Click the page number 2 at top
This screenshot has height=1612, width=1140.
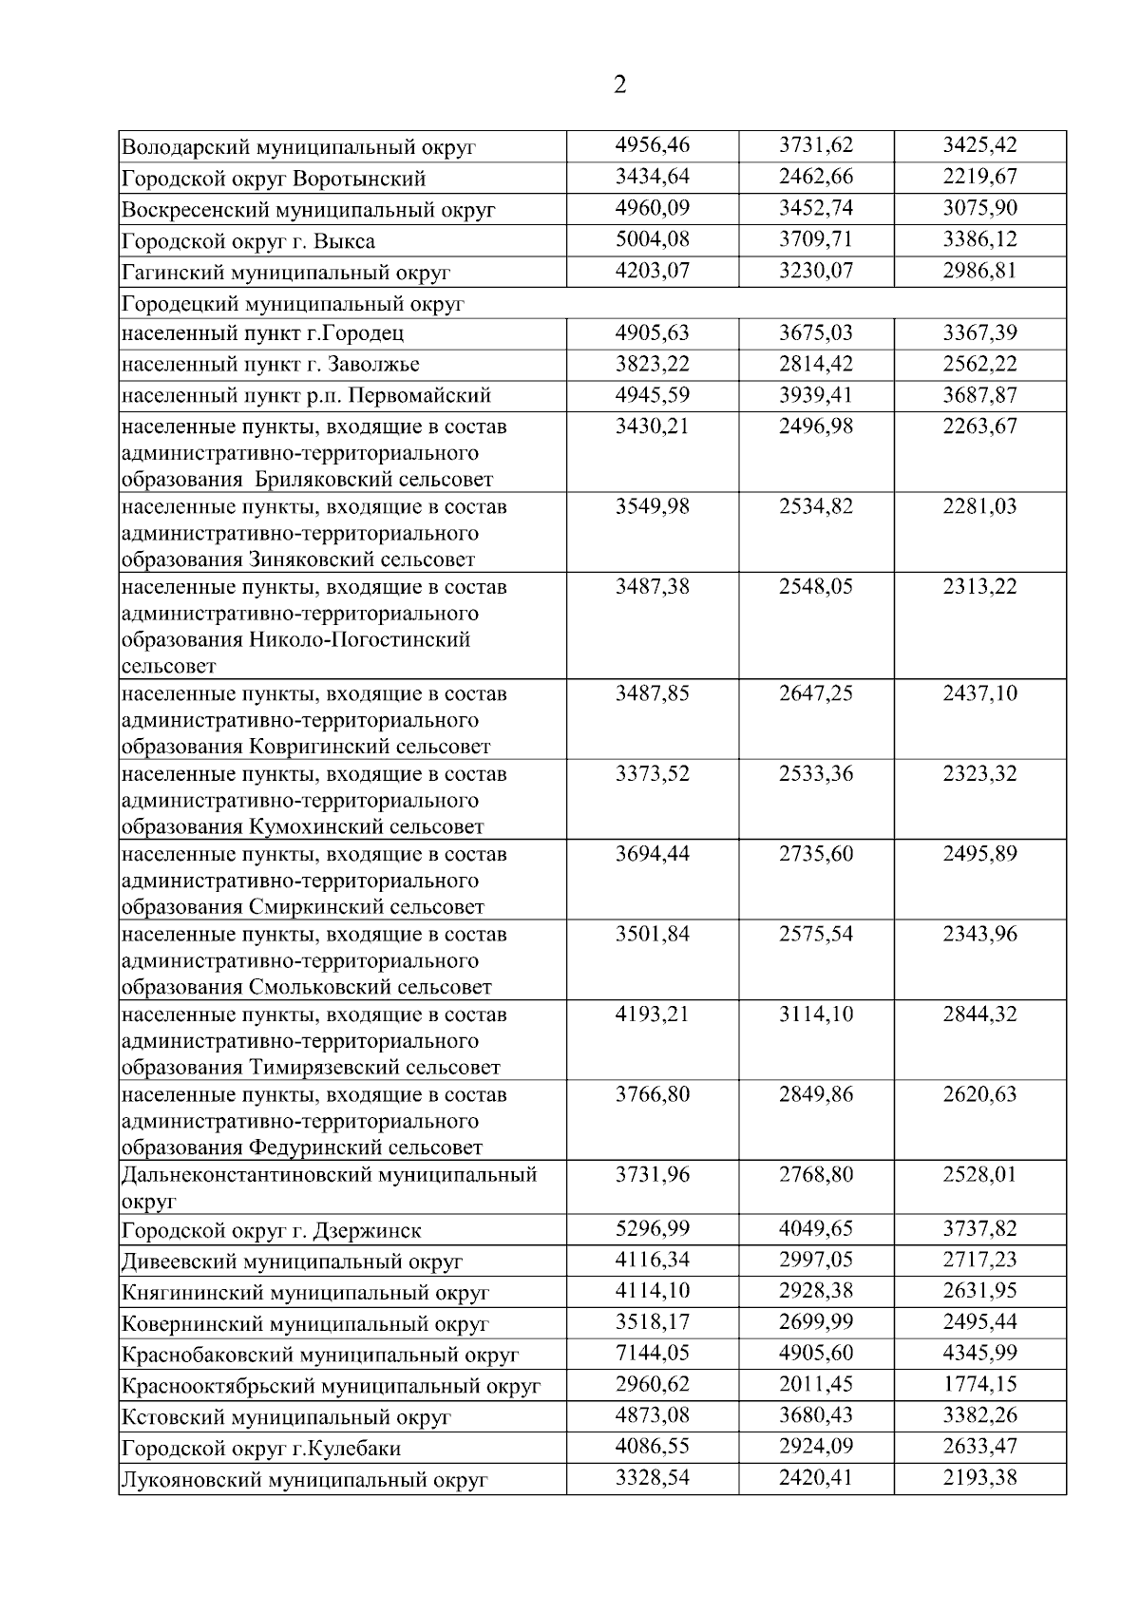tap(620, 86)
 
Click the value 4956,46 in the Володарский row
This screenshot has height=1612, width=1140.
tap(653, 145)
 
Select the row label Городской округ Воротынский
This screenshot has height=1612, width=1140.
tap(274, 179)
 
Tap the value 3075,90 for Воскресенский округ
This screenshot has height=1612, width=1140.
tap(979, 208)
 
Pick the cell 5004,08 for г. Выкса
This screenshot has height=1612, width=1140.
tap(653, 239)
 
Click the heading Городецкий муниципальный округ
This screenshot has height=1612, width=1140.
tap(294, 304)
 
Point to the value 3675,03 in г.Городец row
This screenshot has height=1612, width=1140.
tap(816, 332)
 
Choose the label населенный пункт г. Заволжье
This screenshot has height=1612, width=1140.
tap(271, 365)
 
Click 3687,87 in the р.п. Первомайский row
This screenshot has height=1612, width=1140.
tap(979, 395)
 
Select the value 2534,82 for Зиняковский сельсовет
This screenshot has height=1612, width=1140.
tap(816, 506)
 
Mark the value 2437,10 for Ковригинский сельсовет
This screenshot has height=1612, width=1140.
tap(979, 693)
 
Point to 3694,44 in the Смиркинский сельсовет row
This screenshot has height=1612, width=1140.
tap(653, 854)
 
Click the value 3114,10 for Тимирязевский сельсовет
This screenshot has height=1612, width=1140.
tap(816, 1015)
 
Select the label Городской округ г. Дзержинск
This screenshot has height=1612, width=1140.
tap(272, 1231)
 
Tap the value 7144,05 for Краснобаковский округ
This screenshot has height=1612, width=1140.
tap(653, 1353)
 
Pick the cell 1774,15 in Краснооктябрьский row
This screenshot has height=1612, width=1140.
tap(979, 1384)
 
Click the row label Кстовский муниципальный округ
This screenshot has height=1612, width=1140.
tap(286, 1418)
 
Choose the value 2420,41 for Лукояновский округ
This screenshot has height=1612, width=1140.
tap(816, 1478)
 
